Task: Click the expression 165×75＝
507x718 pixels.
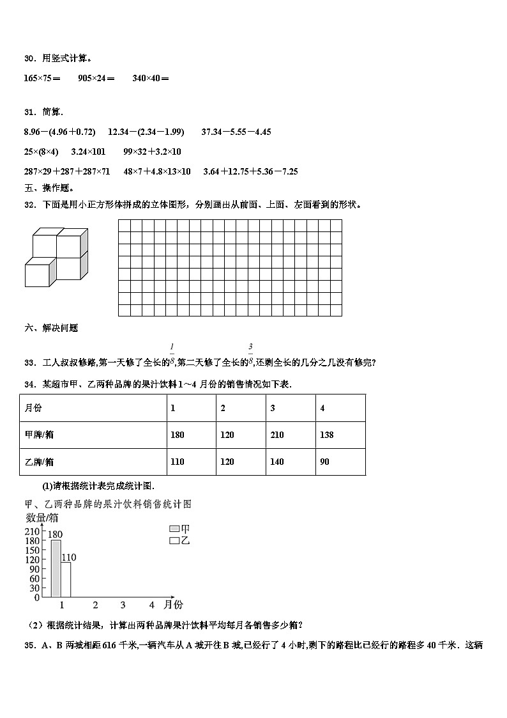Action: [x=42, y=79]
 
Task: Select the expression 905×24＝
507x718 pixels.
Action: [x=96, y=79]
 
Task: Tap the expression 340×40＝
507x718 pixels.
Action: [x=151, y=79]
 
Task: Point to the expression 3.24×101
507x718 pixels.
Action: [x=87, y=152]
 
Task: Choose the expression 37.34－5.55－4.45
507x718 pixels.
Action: [x=236, y=132]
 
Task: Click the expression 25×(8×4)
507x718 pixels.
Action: [x=40, y=152]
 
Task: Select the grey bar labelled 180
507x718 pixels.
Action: [x=56, y=569]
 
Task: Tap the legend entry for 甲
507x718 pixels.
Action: [x=179, y=529]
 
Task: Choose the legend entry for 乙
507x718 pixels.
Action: [x=179, y=540]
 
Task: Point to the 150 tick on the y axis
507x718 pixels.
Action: [x=33, y=550]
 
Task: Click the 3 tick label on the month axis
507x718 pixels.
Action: [x=123, y=605]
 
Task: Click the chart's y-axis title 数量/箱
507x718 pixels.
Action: [x=42, y=517]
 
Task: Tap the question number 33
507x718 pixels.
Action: [x=29, y=363]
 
